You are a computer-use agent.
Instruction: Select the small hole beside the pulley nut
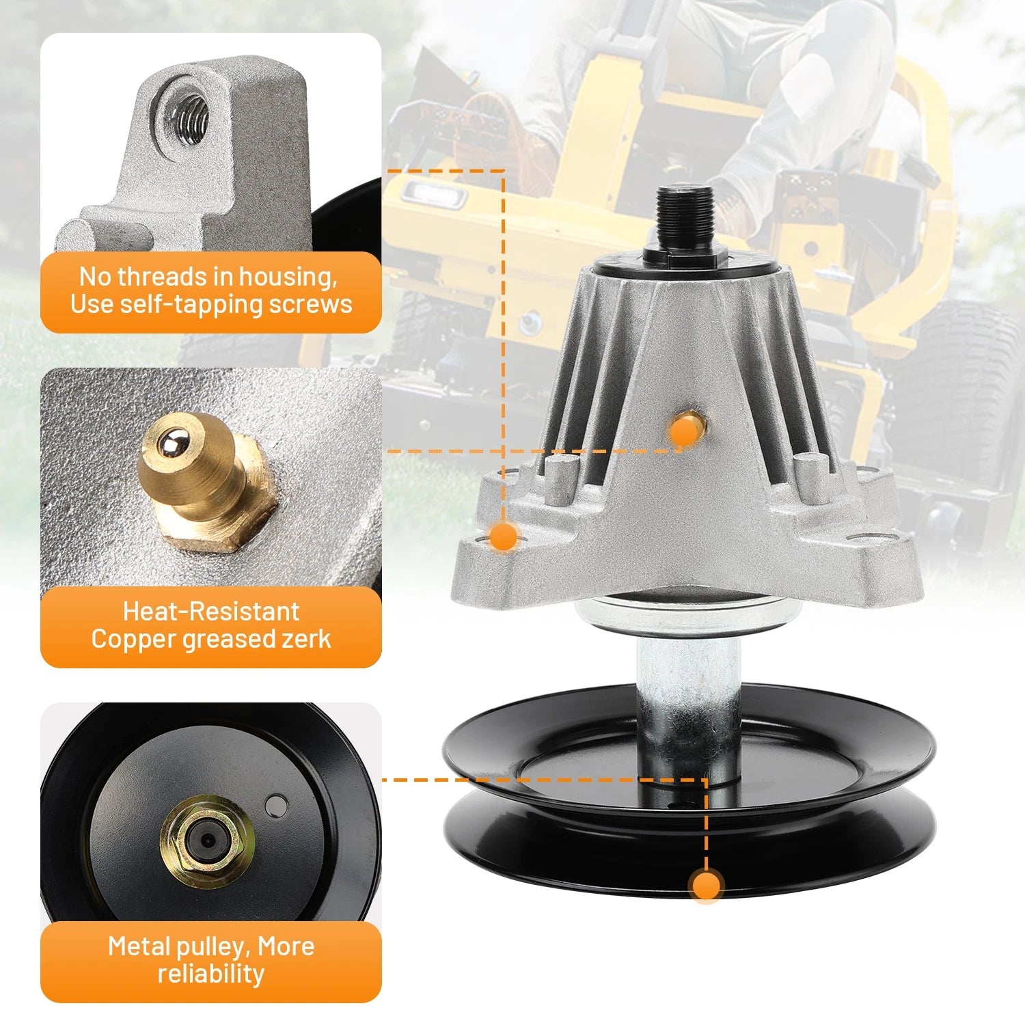pos(277,804)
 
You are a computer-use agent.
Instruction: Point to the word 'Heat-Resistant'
pos(211,610)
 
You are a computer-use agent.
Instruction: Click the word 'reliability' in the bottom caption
pos(211,973)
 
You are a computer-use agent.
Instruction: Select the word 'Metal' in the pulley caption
pos(139,946)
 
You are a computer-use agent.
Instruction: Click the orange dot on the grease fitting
pos(683,432)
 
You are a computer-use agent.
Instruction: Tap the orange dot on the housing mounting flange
pos(504,536)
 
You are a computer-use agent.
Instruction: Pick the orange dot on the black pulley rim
pos(706,886)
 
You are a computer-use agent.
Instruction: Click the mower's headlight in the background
pos(433,195)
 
